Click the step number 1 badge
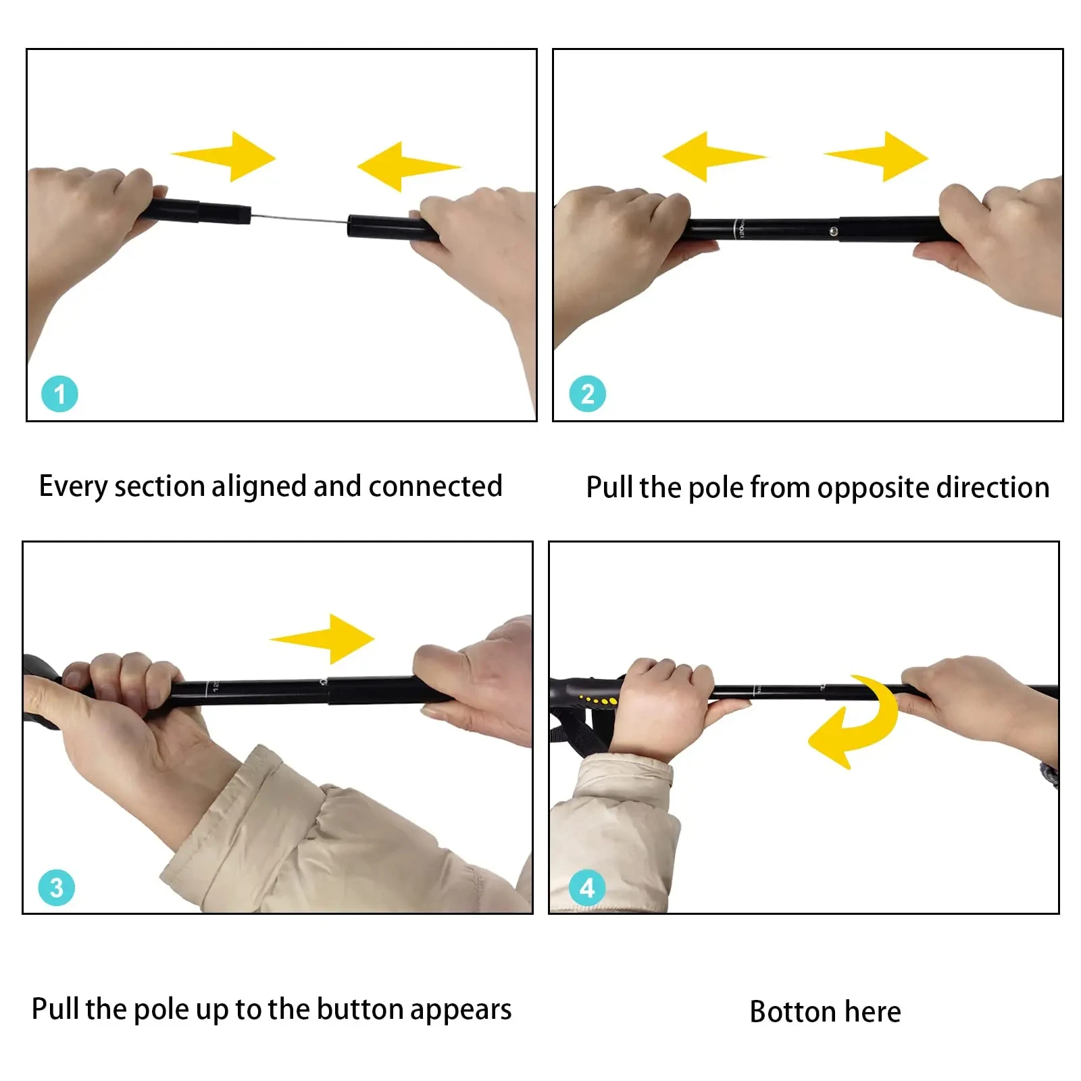59,394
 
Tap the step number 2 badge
587,394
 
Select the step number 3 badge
57,887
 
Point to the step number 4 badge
587,887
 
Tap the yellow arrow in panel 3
322,638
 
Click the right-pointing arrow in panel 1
224,157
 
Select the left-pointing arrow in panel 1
409,166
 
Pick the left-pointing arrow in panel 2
714,157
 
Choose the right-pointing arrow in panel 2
876,157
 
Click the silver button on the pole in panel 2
833,231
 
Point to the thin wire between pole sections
299,218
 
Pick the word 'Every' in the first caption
73,487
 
